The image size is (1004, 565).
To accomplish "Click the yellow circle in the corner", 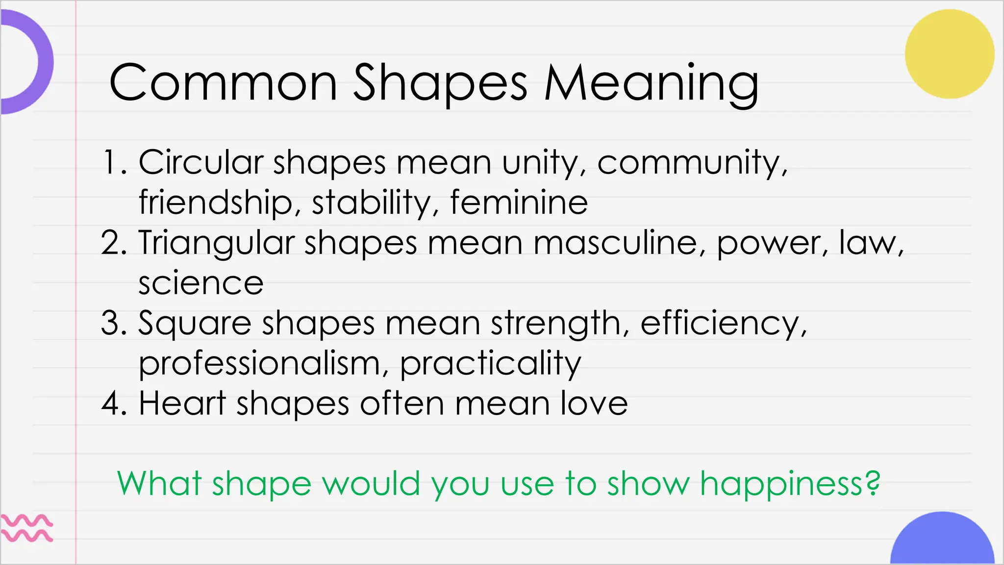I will [x=950, y=54].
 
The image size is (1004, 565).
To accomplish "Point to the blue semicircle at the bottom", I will [x=942, y=542].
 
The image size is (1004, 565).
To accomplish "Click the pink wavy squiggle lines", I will [x=27, y=528].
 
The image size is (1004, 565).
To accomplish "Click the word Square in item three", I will [x=195, y=324].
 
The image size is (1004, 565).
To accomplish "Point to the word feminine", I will [x=519, y=202].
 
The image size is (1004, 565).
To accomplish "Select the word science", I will [x=201, y=283].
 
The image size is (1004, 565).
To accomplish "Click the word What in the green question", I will [x=159, y=484].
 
